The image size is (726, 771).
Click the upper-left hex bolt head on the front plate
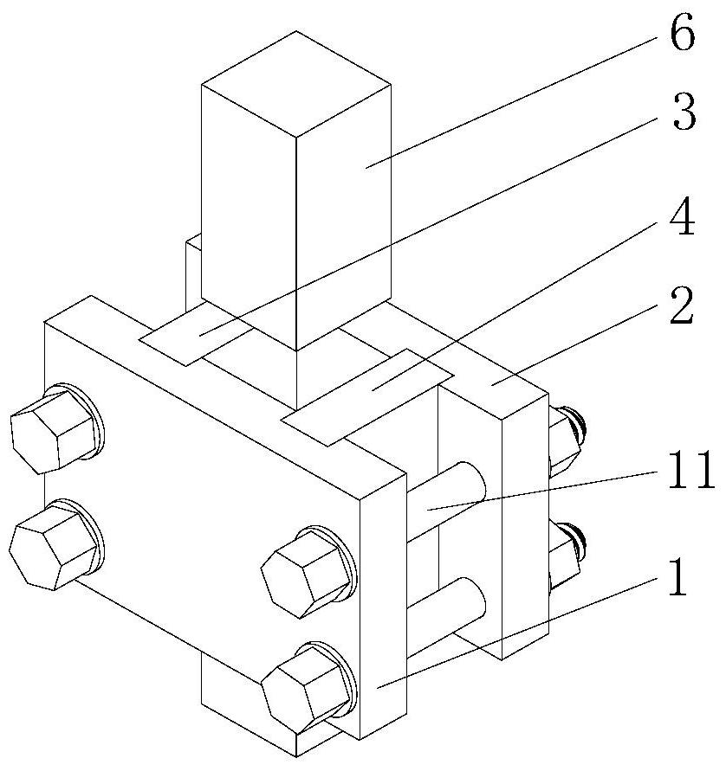pyautogui.click(x=52, y=428)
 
